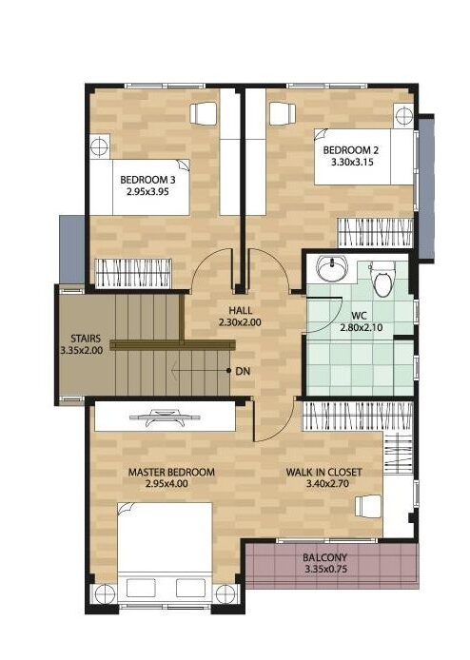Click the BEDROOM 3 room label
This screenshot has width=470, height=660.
click(147, 180)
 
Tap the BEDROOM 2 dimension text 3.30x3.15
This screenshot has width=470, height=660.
click(352, 163)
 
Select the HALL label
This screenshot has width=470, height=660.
click(241, 311)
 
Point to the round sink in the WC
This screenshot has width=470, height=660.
click(332, 268)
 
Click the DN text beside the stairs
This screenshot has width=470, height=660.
click(243, 371)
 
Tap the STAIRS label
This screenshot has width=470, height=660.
click(86, 339)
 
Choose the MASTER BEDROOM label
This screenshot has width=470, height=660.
click(171, 473)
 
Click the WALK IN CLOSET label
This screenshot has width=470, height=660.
click(323, 473)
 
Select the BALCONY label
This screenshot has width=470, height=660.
click(325, 557)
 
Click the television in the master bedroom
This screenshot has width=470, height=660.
click(166, 417)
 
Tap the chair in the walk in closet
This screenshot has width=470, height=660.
click(368, 506)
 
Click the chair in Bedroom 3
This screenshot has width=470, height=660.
click(204, 113)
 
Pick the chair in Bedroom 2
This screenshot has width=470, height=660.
click(283, 113)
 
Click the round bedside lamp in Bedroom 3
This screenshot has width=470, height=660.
click(100, 146)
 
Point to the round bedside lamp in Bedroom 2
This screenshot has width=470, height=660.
click(404, 115)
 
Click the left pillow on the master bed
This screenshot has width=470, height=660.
click(141, 588)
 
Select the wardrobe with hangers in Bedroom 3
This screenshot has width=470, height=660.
click(133, 274)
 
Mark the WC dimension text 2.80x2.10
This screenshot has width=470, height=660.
click(362, 327)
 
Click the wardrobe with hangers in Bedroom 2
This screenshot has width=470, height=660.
click(375, 233)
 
